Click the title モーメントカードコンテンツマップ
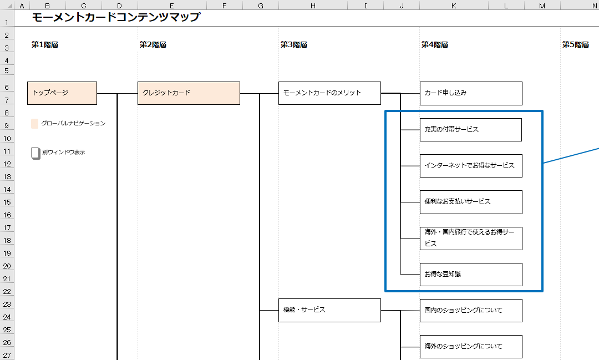116,17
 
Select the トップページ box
62,93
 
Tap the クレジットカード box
189,93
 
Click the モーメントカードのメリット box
329,93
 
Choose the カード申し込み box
471,93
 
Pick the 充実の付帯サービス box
471,130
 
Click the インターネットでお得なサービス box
471,166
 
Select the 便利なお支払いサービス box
471,202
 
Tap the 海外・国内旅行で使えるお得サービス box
471,239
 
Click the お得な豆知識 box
471,275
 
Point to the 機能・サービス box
329,310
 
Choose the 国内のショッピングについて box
471,311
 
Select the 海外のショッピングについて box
471,347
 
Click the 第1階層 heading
45,45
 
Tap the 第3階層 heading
294,45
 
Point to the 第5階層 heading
576,45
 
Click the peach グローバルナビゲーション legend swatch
35,124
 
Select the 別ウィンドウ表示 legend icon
35,153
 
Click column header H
313,6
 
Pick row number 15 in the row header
8,202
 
